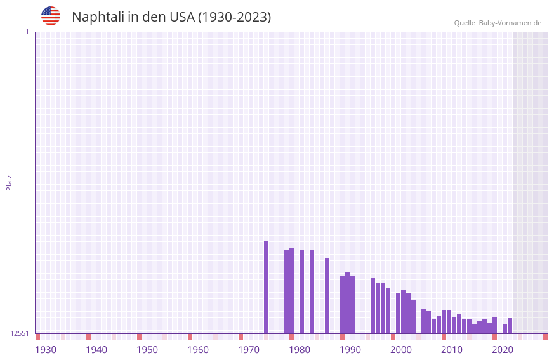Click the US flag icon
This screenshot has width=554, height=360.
pos(51,16)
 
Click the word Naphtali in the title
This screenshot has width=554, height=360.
pos(98,17)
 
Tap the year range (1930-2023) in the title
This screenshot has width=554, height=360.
pos(235,17)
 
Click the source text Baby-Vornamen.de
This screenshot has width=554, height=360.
pos(510,23)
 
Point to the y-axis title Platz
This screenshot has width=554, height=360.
pos(9,182)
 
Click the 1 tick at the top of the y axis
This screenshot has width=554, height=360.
pos(27,32)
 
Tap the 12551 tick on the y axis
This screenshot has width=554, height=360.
pos(20,333)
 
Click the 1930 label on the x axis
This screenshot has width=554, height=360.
pos(46,350)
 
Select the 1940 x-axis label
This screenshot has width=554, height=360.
pos(96,350)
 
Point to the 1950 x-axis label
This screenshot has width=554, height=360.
pos(147,350)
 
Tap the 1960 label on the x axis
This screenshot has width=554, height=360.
pos(198,350)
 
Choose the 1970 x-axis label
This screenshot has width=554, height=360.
pos(249,350)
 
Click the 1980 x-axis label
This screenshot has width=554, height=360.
pos(300,350)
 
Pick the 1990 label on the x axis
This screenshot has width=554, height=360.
pos(350,350)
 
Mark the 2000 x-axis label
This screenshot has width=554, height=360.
pos(401,350)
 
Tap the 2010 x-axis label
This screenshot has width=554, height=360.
pos(452,350)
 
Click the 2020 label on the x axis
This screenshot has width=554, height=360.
pos(503,350)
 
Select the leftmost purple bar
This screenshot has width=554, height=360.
pos(267,287)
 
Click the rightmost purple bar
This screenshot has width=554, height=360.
pos(510,326)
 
